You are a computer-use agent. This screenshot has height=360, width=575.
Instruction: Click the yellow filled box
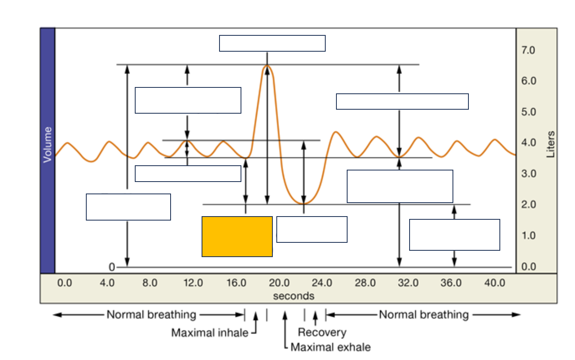point(237,236)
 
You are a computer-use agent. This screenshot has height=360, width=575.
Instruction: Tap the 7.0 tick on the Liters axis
point(528,50)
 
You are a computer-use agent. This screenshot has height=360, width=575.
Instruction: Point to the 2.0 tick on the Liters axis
point(528,205)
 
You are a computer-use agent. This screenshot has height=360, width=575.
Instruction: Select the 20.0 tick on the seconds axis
point(279,283)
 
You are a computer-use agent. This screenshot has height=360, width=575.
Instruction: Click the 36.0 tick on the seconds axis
point(451,283)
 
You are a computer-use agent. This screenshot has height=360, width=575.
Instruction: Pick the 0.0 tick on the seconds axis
point(64,283)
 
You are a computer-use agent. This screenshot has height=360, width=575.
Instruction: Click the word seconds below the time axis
point(293,296)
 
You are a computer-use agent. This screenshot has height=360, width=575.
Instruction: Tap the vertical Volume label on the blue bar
point(48,145)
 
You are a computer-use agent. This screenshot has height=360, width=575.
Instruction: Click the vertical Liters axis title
point(551,145)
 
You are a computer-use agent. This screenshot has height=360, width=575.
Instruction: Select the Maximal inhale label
point(210,333)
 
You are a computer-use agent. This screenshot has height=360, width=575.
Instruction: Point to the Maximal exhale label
point(330,347)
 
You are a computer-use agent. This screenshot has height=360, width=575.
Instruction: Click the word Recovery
point(322,332)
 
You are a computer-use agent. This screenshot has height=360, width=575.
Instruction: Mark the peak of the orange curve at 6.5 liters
point(267,66)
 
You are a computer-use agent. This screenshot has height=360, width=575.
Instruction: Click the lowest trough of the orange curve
point(303,203)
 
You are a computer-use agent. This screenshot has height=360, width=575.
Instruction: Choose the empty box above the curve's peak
point(272,43)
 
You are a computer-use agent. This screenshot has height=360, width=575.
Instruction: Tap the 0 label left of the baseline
point(112,267)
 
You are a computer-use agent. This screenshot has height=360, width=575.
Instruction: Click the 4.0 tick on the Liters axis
point(528,143)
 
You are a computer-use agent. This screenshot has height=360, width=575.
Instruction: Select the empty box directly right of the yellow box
point(312,229)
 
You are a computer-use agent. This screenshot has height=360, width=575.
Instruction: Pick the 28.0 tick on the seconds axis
point(365,283)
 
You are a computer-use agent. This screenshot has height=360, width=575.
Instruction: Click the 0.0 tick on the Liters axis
point(528,267)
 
